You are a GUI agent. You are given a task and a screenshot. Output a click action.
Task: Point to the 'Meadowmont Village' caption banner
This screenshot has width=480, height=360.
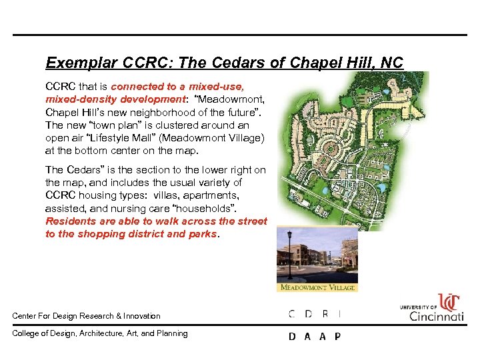pyautogui.click(x=317, y=288)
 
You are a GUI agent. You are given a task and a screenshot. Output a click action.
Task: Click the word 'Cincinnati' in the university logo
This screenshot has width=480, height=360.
pyautogui.click(x=437, y=315)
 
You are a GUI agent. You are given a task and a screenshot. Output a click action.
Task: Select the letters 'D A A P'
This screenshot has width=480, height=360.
pyautogui.click(x=314, y=336)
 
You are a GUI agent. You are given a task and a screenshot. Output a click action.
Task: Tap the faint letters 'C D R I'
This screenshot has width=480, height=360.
pyautogui.click(x=314, y=314)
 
